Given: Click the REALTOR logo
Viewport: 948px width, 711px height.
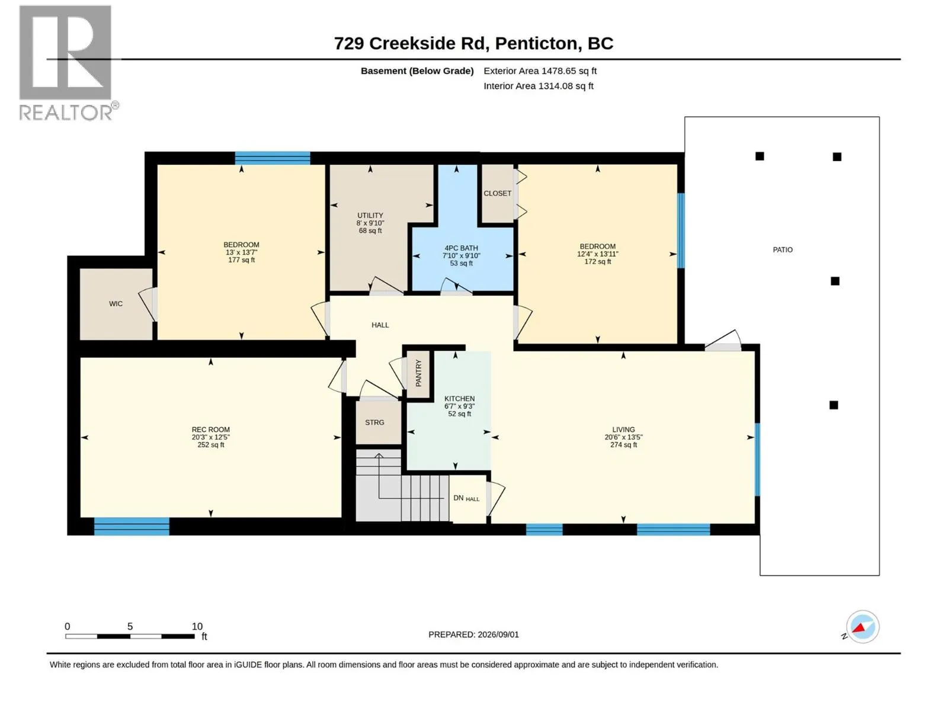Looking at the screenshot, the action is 69,63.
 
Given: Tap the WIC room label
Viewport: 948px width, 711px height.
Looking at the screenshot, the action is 116,304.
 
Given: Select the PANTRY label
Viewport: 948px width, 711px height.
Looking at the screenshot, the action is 418,373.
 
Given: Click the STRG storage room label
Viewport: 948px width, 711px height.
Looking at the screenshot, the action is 374,422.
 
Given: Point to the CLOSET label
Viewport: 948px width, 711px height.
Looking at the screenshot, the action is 498,193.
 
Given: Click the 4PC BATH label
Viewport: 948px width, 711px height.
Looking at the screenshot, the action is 461,248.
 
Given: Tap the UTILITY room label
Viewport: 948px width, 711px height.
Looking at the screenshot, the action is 370,216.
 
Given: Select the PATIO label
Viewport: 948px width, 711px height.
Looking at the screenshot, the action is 783,250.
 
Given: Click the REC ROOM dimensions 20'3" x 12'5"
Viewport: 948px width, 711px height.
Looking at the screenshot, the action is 211,437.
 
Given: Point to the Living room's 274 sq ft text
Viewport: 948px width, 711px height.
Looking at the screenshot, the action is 624,445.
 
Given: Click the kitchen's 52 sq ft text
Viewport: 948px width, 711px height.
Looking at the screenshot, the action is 460,414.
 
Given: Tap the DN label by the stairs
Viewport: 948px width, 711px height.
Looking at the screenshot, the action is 458,498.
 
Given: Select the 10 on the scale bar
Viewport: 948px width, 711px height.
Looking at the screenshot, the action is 197,626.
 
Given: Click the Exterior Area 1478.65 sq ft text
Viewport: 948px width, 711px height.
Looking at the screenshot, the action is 540,71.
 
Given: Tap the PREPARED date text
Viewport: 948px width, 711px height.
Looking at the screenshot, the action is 474,635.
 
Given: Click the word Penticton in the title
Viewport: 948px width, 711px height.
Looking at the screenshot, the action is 536,44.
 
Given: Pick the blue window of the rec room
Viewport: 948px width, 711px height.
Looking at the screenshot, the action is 132,527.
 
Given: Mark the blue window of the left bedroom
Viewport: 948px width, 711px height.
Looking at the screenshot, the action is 273,158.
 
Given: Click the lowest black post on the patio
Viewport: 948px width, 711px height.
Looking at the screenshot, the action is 834,405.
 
